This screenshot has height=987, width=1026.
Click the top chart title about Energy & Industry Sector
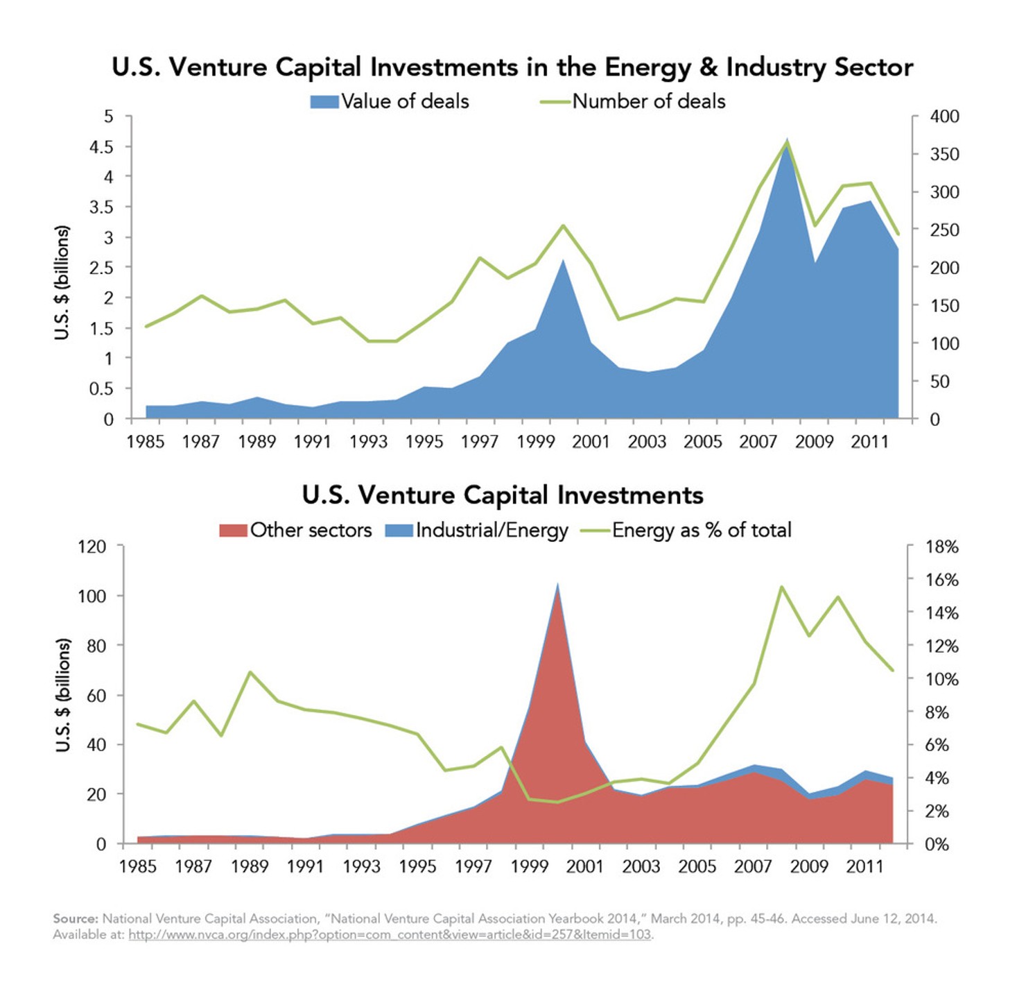coord(512,67)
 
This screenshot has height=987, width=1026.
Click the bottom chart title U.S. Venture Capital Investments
coord(503,495)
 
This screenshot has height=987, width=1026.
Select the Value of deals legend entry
coord(390,101)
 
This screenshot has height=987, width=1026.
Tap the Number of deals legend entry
coord(633,101)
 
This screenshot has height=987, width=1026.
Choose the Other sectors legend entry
coord(296,530)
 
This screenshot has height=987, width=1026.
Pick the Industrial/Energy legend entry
coord(477,530)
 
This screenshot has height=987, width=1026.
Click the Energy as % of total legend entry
coord(686,530)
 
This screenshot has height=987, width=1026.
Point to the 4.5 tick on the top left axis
coord(101,146)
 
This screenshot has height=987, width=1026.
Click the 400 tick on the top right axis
coord(944,117)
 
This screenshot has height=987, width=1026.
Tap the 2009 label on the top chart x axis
coord(814,442)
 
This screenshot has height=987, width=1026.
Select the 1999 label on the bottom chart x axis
coord(529,866)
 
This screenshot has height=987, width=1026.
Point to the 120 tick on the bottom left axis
coord(92,547)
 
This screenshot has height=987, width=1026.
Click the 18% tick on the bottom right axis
coord(942,547)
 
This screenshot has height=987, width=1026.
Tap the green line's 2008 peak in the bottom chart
coord(781,587)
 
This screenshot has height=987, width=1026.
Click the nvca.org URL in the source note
coord(390,934)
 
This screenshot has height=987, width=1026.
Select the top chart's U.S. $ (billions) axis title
coord(62,282)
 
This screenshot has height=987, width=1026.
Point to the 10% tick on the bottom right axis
coord(942,679)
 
